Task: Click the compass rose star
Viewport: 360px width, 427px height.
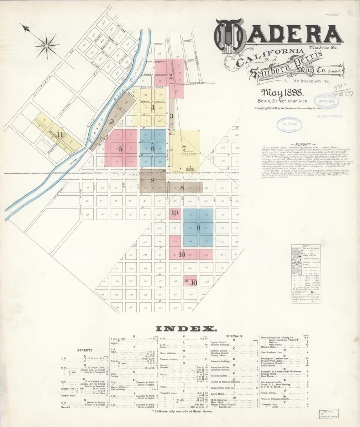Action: [46, 45]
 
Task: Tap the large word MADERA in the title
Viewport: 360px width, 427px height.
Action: [278, 34]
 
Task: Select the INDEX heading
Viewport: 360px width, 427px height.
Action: [185, 328]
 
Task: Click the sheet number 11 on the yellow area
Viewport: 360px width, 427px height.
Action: [60, 135]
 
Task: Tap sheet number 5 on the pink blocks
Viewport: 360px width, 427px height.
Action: [120, 149]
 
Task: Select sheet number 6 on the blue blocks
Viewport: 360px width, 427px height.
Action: [152, 149]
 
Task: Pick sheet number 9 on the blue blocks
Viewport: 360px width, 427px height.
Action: [198, 227]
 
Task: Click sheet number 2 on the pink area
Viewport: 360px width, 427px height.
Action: [171, 75]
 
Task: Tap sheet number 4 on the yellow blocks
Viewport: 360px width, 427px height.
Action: [153, 107]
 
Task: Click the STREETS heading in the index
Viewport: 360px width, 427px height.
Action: [85, 350]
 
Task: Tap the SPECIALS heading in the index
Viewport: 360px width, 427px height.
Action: [234, 336]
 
